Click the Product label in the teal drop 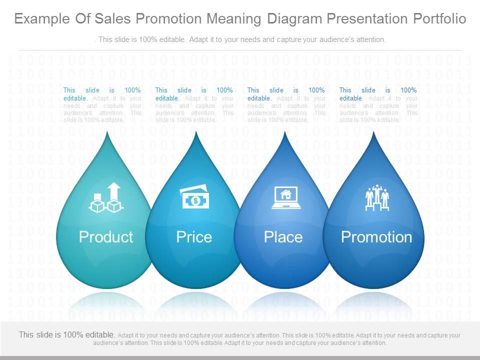[x=106, y=237]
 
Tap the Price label [x=194, y=237]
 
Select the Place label [x=283, y=237]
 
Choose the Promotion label [x=376, y=237]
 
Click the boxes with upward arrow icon [x=106, y=198]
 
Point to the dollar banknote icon [x=195, y=198]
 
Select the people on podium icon [x=377, y=198]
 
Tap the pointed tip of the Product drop [x=107, y=133]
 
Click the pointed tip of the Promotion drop [x=373, y=133]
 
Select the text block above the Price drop [x=194, y=105]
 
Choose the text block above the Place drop [x=286, y=105]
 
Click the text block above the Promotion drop [x=378, y=105]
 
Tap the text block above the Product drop [x=102, y=105]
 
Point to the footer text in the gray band [x=240, y=339]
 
